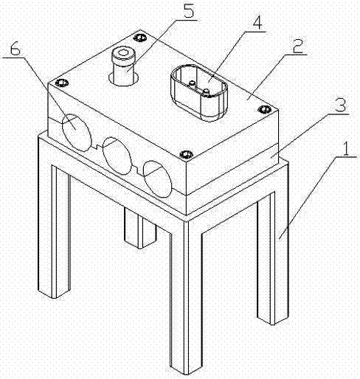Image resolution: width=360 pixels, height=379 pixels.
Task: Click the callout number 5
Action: coord(189,9)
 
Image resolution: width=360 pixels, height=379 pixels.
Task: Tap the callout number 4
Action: coord(257,22)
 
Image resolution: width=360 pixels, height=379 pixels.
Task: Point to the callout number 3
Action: coord(341,105)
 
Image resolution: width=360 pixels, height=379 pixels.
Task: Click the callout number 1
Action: coord(346,147)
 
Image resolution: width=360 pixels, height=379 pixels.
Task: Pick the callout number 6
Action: coord(15,49)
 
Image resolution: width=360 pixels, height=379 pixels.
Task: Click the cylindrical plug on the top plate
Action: coord(123,67)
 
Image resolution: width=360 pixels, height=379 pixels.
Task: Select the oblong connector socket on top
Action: coord(199,92)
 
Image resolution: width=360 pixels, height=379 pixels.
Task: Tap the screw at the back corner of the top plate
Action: coord(140,38)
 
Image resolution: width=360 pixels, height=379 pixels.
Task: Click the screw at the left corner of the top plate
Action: coord(61,83)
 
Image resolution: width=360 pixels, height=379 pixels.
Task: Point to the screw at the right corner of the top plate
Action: coord(265,109)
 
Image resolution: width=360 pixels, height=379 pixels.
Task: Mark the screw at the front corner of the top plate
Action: coord(187,154)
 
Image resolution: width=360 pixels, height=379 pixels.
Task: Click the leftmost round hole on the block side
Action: coord(76,133)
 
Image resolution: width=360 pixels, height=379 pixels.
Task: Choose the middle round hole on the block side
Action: coord(117,156)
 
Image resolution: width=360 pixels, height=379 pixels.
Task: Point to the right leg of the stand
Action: coord(272,258)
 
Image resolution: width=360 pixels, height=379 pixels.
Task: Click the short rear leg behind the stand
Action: coord(140,228)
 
